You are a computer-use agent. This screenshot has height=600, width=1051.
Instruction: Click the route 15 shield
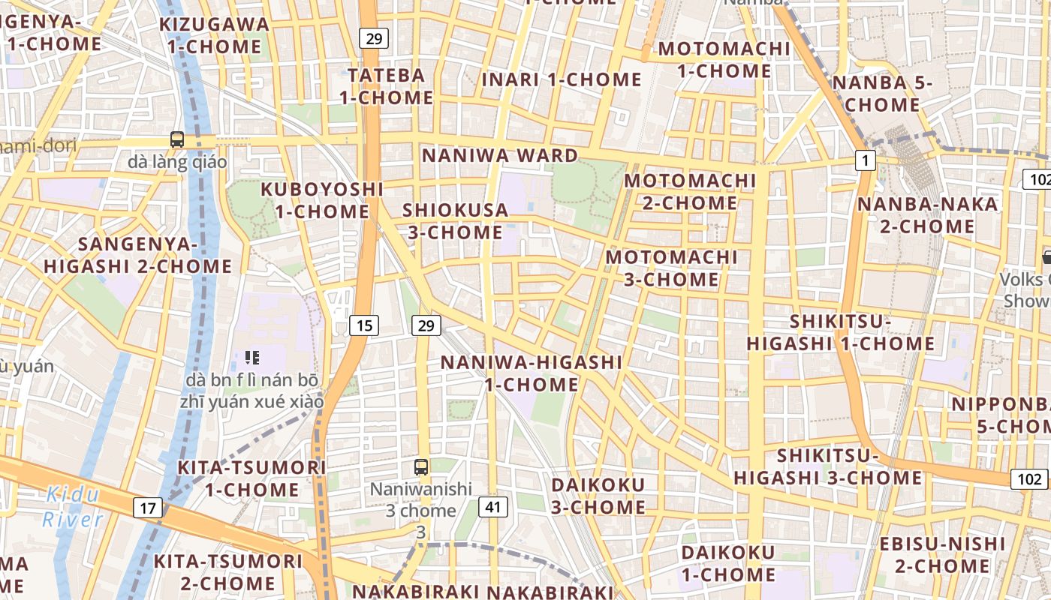coord(364,325)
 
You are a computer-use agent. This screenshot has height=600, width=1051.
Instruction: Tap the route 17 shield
coord(148,508)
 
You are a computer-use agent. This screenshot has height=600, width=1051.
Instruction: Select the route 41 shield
coord(492,506)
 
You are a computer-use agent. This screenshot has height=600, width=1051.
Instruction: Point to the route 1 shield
coord(866,160)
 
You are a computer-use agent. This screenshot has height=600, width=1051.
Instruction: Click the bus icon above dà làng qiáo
coord(177,139)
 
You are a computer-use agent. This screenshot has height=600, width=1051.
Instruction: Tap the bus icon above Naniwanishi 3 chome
coord(421,466)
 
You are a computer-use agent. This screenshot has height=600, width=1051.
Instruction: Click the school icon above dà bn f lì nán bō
coord(252,358)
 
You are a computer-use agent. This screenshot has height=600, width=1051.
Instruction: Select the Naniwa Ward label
coord(499,155)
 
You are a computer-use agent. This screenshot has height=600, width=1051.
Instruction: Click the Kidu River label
coord(73,506)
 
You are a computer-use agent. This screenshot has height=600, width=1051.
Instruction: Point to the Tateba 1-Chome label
coord(386,86)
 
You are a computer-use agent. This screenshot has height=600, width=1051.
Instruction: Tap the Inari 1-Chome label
coord(562,79)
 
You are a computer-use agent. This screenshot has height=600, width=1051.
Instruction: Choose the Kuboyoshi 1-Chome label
coord(322,200)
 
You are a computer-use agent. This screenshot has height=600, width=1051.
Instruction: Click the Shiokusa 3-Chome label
coord(456,221)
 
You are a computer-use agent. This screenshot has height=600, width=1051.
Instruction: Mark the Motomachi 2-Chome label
coord(690,192)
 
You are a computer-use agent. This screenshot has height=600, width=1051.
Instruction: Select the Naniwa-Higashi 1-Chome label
coord(532,373)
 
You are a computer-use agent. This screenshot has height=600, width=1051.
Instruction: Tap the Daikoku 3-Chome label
coord(598,496)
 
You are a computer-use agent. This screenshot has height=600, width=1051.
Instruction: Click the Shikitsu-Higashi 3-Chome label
coord(828,466)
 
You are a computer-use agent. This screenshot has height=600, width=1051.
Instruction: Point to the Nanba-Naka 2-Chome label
coord(928,214)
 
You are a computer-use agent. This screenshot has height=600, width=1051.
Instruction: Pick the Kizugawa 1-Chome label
coord(214,35)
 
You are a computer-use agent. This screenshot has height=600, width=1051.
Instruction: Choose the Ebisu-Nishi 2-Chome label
coord(943,554)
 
